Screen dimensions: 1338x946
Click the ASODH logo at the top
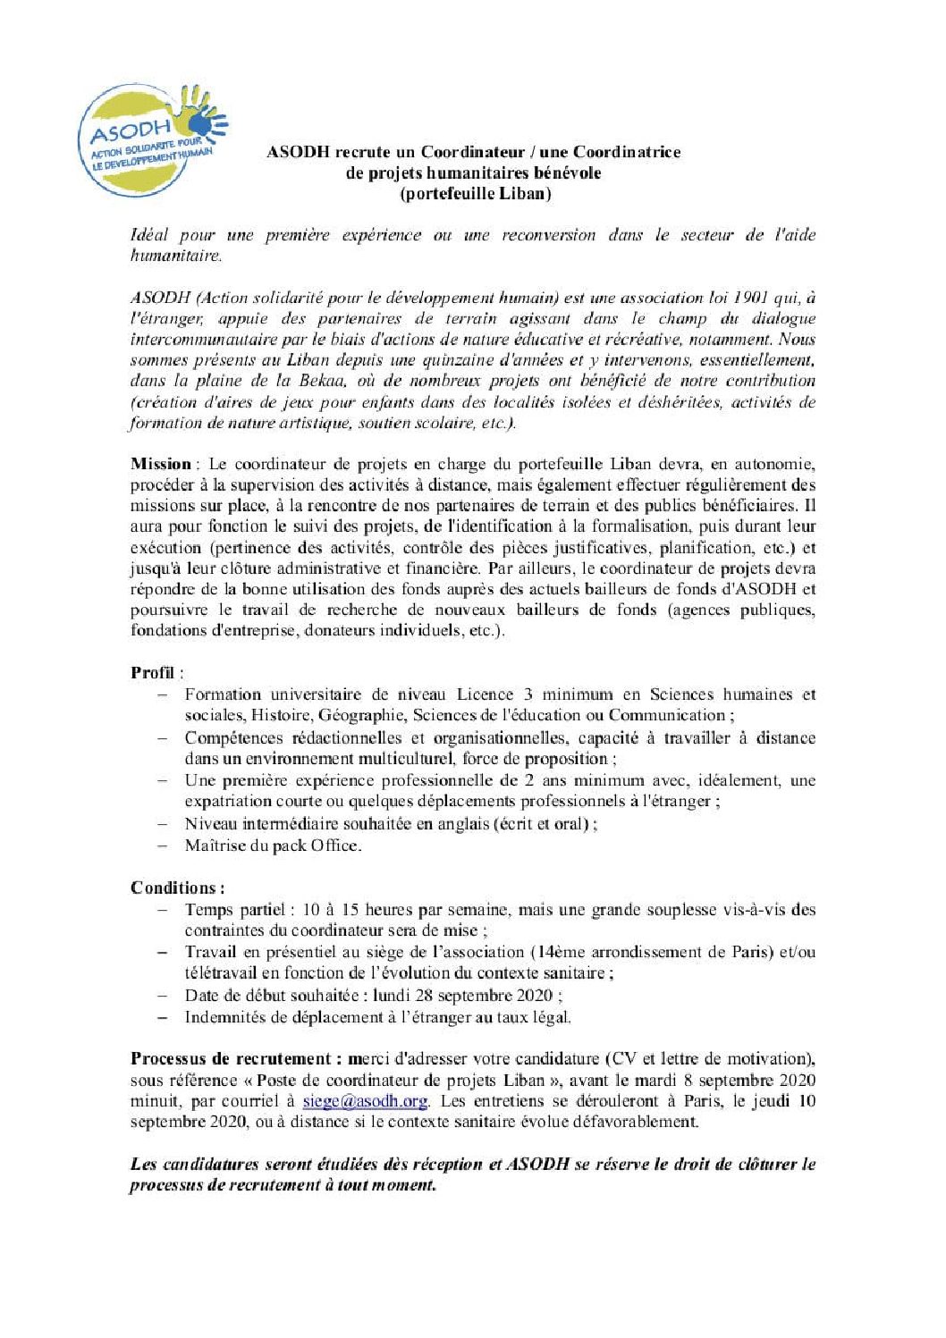(152, 139)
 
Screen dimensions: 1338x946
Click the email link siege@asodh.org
(365, 1101)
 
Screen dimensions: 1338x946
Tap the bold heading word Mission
(161, 464)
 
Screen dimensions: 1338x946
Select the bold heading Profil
(152, 673)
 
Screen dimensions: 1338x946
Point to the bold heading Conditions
(175, 888)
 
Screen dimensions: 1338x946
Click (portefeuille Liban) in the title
(475, 193)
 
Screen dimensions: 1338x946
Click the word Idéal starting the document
(149, 235)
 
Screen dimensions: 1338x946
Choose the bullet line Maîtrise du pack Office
(273, 846)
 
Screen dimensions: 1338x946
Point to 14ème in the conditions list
(561, 952)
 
